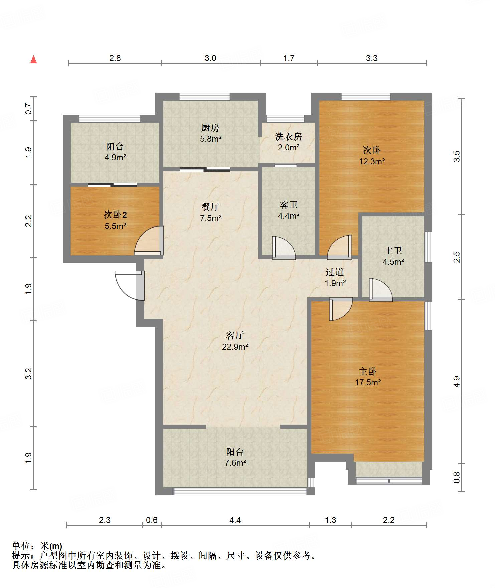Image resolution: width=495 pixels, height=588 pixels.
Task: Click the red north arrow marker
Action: pos(33,59)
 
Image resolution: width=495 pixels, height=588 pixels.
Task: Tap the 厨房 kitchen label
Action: pos(210,128)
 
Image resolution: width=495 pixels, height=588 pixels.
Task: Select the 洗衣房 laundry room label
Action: pos(288,136)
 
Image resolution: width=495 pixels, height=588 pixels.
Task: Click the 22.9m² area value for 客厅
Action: pos(235,347)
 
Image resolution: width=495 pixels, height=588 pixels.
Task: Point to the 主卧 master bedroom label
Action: pos(368,371)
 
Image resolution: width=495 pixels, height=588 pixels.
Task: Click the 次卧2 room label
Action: pos(115,214)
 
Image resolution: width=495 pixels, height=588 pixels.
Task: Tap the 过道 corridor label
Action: pos(335,272)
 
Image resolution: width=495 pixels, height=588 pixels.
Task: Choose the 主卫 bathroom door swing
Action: pos(380,289)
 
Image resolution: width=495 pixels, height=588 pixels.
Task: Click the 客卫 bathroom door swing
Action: pos(284,248)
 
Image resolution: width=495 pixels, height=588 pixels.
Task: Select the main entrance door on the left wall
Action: pos(130,285)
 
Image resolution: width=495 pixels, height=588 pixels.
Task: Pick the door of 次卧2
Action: pos(149,241)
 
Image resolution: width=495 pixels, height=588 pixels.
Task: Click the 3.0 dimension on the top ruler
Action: pos(210,58)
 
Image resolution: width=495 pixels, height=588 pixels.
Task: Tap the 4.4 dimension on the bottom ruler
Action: pos(235,520)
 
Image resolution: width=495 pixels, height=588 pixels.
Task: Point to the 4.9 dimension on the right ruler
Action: pos(457,382)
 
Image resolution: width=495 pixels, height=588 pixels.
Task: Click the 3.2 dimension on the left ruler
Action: pos(29,374)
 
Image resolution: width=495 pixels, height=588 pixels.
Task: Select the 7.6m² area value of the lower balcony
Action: pos(235,463)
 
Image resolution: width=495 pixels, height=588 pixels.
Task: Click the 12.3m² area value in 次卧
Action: pos(372,161)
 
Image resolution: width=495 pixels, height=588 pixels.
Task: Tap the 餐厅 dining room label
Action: pos(210,207)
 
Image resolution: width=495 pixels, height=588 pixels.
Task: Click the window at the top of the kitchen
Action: pos(205,97)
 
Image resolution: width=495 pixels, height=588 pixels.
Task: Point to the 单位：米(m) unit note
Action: pos(37,546)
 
